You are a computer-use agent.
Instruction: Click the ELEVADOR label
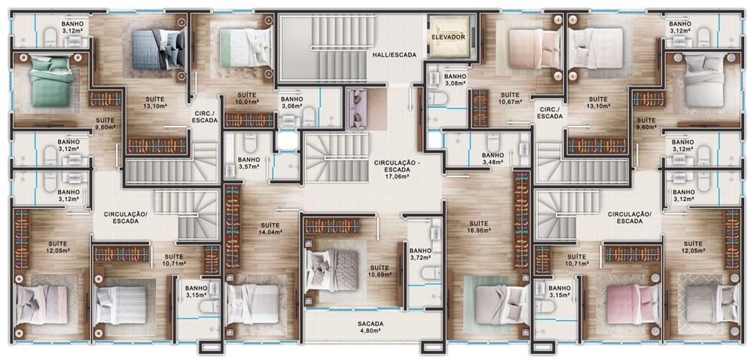point(448,36)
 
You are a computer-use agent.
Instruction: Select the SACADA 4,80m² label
point(370,327)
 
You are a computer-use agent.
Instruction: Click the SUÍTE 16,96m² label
point(478,227)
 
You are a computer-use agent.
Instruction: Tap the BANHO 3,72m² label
point(420,255)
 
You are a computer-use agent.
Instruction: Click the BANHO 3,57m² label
point(248,163)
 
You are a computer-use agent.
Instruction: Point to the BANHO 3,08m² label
point(455,80)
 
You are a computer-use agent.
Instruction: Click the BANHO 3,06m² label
point(291,102)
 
